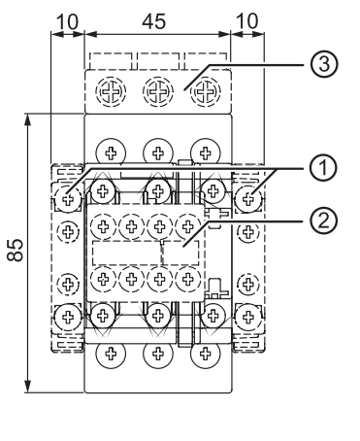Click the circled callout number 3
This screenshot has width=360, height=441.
point(324,64)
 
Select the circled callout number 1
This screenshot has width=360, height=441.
point(324,168)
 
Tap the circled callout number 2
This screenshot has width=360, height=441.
point(324,220)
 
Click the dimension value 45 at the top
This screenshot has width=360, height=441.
point(154,21)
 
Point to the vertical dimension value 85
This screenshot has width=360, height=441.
point(15,250)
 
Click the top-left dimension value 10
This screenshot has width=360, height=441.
point(67,21)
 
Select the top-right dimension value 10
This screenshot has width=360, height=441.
point(247,21)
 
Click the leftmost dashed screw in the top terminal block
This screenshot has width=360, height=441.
point(111,92)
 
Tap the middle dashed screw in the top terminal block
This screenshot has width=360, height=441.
point(158,92)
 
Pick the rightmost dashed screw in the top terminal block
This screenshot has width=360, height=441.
point(205,92)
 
